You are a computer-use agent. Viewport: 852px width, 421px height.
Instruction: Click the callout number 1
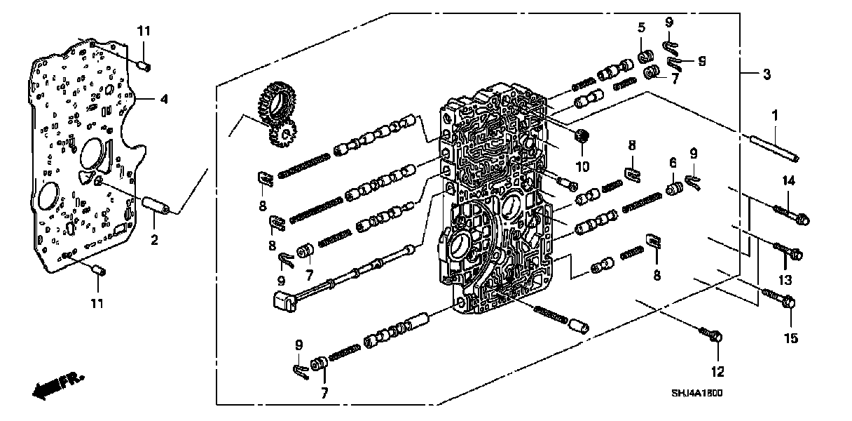(774, 114)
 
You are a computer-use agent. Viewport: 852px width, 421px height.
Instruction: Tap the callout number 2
(154, 241)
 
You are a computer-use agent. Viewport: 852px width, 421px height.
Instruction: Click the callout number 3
(767, 74)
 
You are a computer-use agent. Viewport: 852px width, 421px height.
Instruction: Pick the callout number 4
(164, 100)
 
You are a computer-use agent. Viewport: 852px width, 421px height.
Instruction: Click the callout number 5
(641, 28)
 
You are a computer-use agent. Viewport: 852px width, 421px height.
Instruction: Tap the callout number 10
(582, 166)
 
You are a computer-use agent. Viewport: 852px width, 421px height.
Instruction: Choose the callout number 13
(785, 280)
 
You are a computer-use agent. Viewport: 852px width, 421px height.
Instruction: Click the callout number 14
(789, 181)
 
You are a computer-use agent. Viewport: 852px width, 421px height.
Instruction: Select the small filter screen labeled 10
(579, 136)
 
